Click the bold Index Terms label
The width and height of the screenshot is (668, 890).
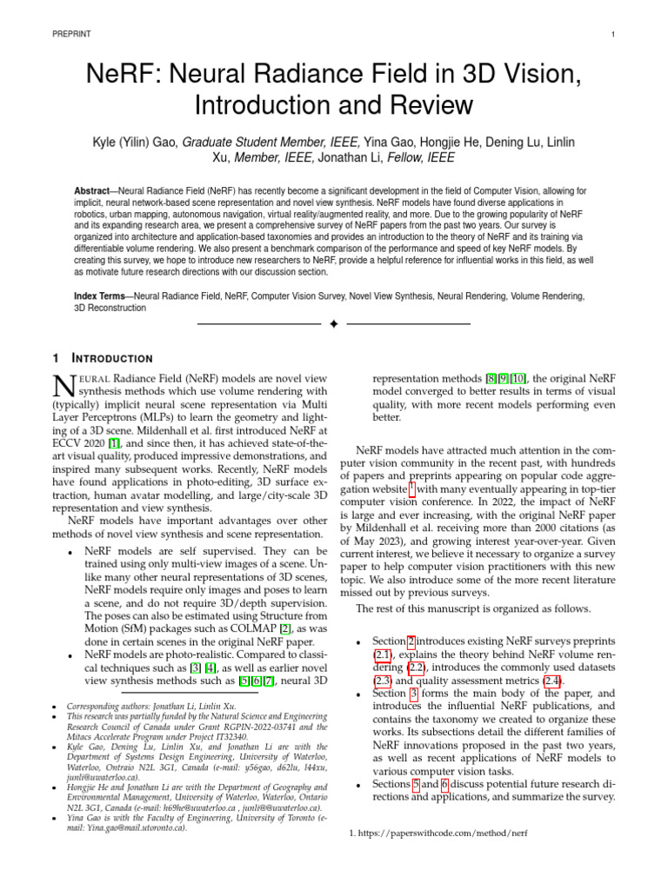tap(100, 296)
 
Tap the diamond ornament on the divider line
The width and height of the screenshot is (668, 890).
tap(333, 324)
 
